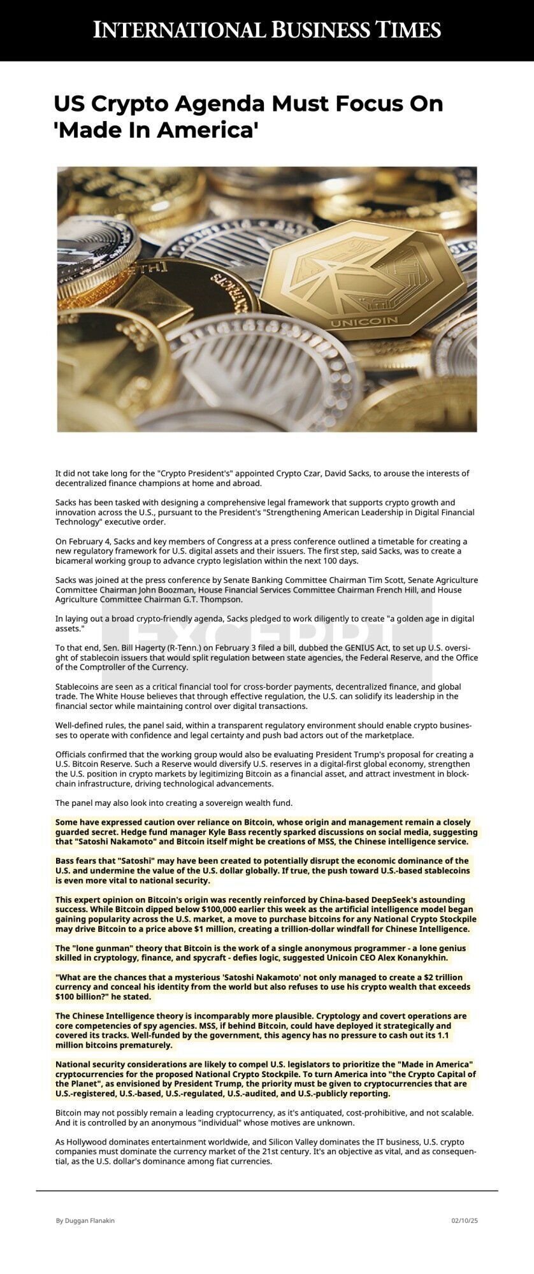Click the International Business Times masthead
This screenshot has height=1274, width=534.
(267, 30)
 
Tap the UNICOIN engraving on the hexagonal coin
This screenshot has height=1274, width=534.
(364, 322)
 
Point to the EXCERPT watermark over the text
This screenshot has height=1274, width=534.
(266, 637)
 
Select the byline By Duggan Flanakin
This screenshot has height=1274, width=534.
(85, 1220)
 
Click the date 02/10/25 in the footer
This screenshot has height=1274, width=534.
(465, 1220)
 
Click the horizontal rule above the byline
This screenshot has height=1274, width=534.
(267, 1190)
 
